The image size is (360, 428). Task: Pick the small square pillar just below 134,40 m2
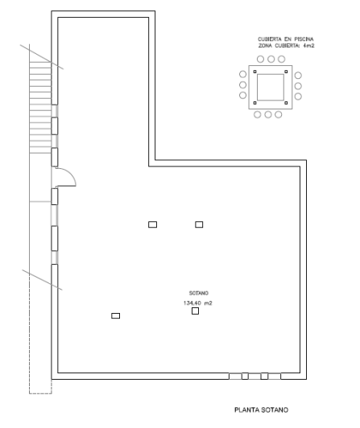tap(195, 312)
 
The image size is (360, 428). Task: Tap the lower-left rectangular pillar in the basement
tap(115, 315)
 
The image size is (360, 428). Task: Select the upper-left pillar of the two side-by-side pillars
tap(152, 224)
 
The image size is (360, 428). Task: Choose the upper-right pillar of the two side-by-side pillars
tap(199, 224)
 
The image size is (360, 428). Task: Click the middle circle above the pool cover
tap(271, 59)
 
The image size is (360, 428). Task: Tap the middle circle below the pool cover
tap(268, 114)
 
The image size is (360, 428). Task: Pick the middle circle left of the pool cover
tap(242, 86)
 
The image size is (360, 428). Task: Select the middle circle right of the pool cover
tap(298, 86)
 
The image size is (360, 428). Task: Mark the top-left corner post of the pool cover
tap(255, 72)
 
